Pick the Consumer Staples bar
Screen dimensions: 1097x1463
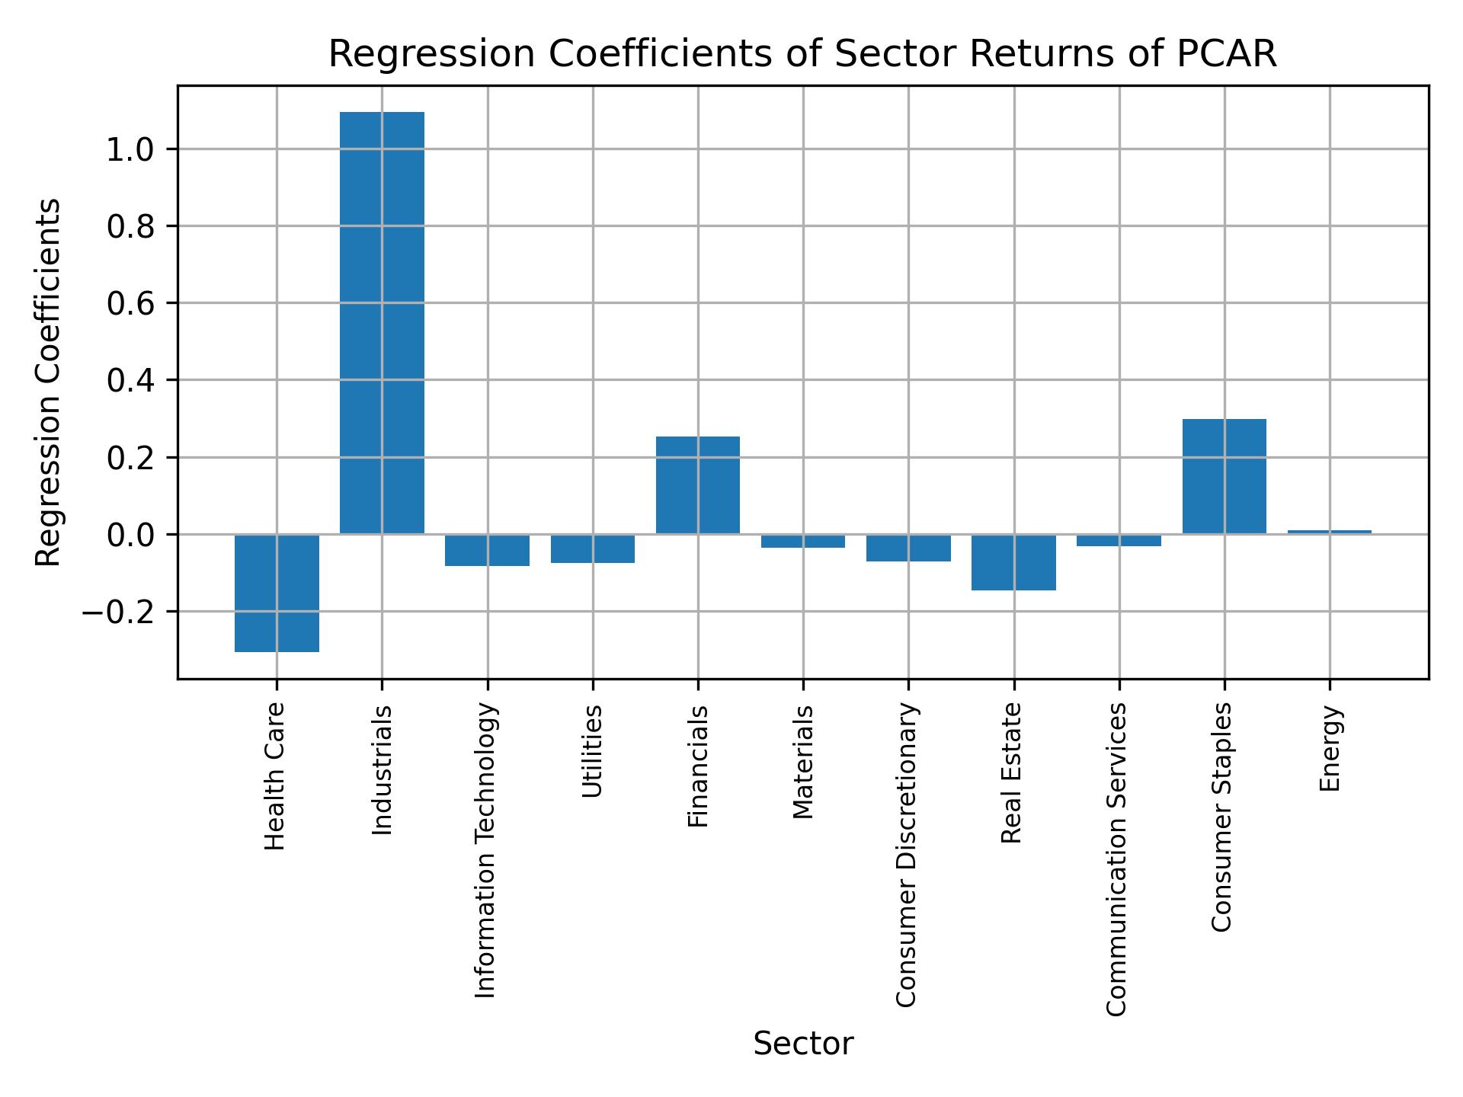(1224, 476)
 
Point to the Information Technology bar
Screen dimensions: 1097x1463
(487, 550)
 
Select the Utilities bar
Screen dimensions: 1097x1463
(593, 548)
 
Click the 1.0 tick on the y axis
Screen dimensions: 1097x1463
(131, 149)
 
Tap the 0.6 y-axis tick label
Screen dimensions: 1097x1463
(131, 304)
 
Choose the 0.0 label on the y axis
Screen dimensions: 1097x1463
(131, 535)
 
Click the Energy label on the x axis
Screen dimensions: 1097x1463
(1330, 749)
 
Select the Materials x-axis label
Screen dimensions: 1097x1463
(803, 763)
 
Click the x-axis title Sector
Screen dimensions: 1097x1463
(803, 1044)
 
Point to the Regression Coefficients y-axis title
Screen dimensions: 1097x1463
(49, 382)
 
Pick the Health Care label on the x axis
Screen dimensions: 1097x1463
(275, 776)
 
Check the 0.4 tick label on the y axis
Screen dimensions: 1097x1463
(131, 381)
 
